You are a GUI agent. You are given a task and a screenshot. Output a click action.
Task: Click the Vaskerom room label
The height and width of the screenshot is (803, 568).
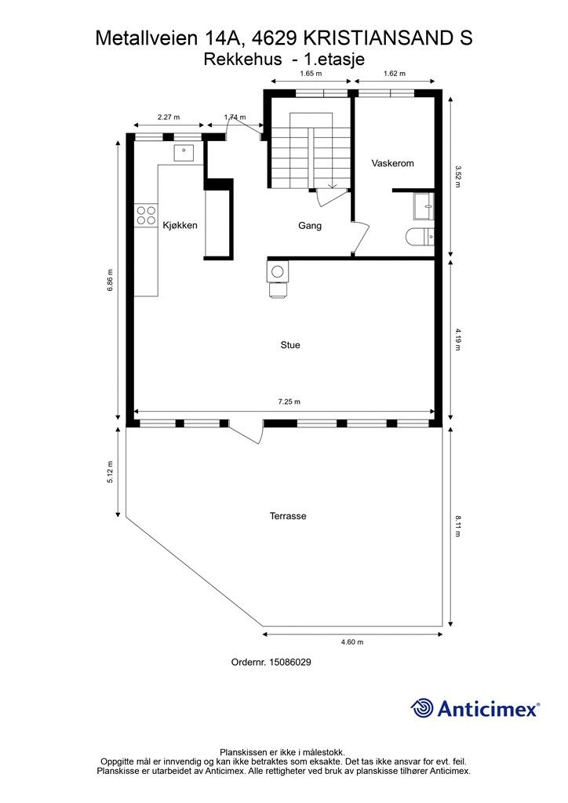pyautogui.click(x=392, y=163)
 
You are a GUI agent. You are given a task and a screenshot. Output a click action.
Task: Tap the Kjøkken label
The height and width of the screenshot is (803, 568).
pyautogui.click(x=180, y=225)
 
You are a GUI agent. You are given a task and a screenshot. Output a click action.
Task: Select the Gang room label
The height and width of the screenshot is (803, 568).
pyautogui.click(x=310, y=226)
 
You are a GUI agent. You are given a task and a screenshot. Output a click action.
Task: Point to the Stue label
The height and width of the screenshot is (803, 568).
pyautogui.click(x=290, y=345)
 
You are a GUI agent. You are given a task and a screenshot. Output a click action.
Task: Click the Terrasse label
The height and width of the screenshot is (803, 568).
pyautogui.click(x=288, y=516)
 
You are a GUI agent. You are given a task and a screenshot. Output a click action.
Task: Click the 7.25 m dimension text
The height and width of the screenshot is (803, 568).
pyautogui.click(x=289, y=402)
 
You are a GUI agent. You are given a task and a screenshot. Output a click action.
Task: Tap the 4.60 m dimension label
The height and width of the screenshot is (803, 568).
pyautogui.click(x=352, y=642)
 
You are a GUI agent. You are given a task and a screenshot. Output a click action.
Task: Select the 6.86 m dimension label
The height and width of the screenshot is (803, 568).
pyautogui.click(x=110, y=280)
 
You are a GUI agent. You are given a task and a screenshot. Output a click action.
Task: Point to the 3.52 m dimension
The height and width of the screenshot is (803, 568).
pyautogui.click(x=458, y=176)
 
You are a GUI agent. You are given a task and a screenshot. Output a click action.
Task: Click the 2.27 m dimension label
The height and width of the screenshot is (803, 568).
pyautogui.click(x=169, y=117)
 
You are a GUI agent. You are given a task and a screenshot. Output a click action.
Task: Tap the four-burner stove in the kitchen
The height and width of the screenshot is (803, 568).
pyautogui.click(x=145, y=215)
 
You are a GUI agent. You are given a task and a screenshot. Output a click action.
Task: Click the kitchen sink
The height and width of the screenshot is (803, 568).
pyautogui.click(x=184, y=153)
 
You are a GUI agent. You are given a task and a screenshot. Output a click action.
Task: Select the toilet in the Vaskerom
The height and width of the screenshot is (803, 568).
pyautogui.click(x=420, y=237)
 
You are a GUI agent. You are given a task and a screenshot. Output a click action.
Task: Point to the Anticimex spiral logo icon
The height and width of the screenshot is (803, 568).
pyautogui.click(x=422, y=708)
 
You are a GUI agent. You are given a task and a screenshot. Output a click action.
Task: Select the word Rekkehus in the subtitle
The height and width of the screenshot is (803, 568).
pyautogui.click(x=242, y=60)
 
